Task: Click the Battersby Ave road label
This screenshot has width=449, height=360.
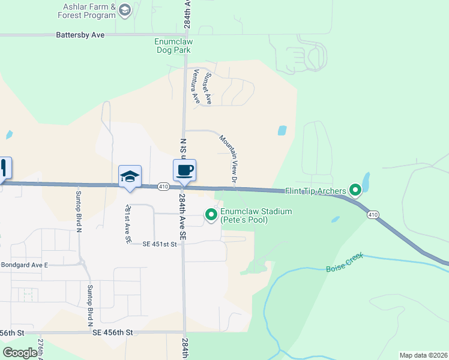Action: [80, 35]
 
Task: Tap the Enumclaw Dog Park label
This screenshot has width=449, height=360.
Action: [173, 46]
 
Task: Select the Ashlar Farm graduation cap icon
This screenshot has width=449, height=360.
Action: [124, 10]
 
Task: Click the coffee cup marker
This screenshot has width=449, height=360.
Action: [185, 170]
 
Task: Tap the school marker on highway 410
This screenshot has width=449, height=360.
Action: [130, 176]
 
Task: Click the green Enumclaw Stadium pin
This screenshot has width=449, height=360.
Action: [211, 214]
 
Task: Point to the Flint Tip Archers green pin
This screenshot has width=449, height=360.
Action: [355, 191]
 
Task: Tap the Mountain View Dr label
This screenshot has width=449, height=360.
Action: [229, 159]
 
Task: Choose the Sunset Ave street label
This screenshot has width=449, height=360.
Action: [208, 89]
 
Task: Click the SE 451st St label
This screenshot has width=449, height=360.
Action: [161, 244]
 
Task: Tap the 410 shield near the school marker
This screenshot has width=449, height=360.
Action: [163, 187]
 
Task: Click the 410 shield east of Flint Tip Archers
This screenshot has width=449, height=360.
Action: [373, 215]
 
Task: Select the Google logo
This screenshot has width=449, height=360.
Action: [20, 352]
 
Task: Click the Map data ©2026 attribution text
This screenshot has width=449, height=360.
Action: [424, 355]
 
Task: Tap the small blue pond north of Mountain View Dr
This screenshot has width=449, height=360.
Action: [282, 130]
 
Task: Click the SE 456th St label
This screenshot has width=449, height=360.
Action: [112, 332]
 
